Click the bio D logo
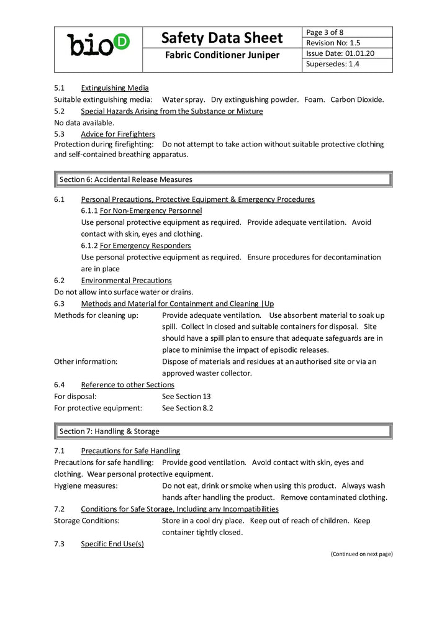[x=98, y=44]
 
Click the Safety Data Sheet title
[x=222, y=38]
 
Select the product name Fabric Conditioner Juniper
[x=222, y=56]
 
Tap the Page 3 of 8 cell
[x=325, y=32]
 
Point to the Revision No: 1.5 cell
[x=334, y=43]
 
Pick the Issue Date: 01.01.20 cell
[x=340, y=53]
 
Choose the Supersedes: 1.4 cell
[x=333, y=64]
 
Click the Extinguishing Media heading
[x=114, y=88]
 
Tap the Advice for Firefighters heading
[x=118, y=134]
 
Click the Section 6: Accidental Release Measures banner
[x=223, y=179]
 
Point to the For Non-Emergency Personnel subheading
[x=151, y=210]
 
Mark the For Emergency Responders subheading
[x=145, y=245]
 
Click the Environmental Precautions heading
[x=126, y=281]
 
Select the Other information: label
[x=86, y=361]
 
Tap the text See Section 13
[x=186, y=396]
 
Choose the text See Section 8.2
[x=187, y=408]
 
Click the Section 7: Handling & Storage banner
[x=223, y=431]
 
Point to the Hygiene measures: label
[x=86, y=485]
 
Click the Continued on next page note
[x=361, y=554]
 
